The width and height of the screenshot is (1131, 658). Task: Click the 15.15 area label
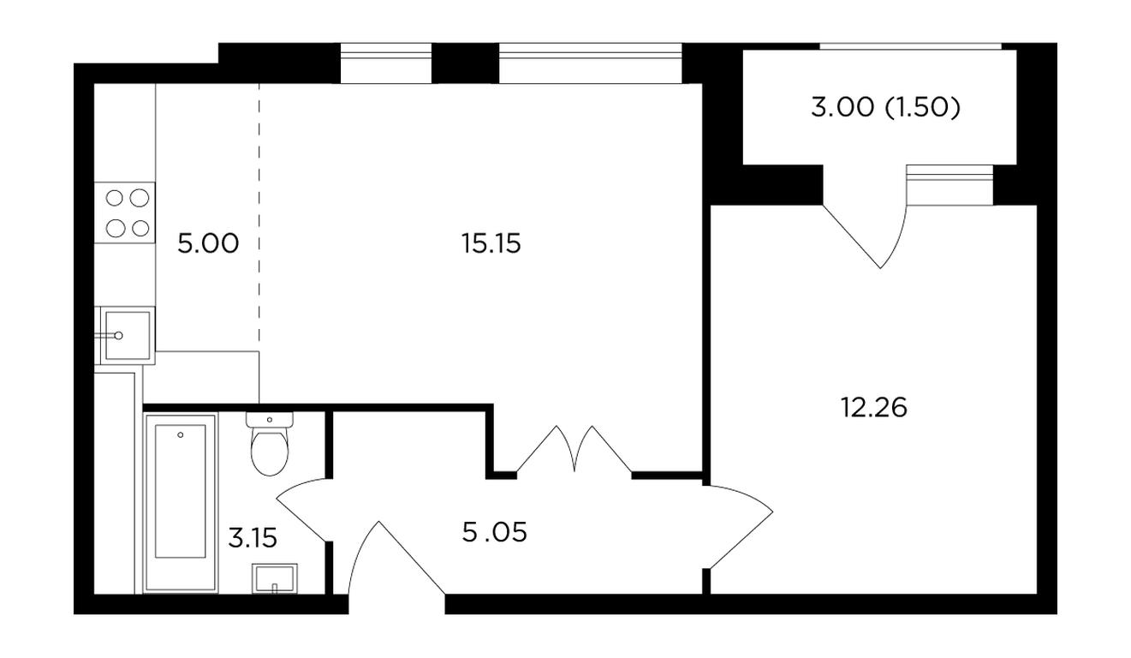(491, 243)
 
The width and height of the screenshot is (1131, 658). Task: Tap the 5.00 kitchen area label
(208, 243)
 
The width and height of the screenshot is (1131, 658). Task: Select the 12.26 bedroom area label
(873, 407)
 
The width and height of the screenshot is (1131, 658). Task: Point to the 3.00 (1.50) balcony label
(885, 107)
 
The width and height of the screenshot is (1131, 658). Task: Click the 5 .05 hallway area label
(494, 532)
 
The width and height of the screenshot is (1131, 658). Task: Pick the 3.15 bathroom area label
(253, 538)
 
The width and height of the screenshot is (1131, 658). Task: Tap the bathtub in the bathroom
(181, 502)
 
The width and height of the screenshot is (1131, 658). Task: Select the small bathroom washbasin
(274, 578)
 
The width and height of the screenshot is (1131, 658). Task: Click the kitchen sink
(125, 335)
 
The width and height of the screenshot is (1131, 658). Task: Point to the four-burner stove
(125, 212)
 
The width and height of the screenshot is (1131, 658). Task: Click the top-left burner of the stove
(115, 198)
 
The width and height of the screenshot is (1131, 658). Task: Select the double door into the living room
(574, 449)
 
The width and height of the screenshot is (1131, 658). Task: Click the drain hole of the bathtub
(181, 434)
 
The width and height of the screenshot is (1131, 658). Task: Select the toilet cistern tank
(270, 420)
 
